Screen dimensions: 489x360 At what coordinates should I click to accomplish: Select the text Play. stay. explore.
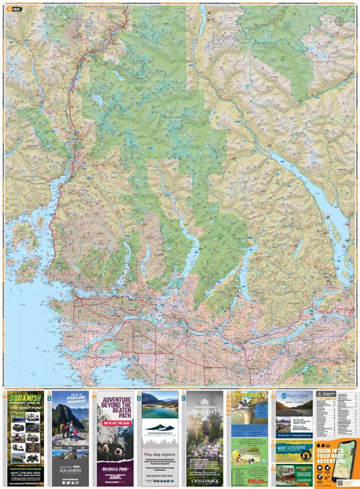[159, 451]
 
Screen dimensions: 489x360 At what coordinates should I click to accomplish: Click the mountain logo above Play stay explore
[159, 430]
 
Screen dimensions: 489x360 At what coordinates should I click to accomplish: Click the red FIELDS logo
[257, 481]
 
